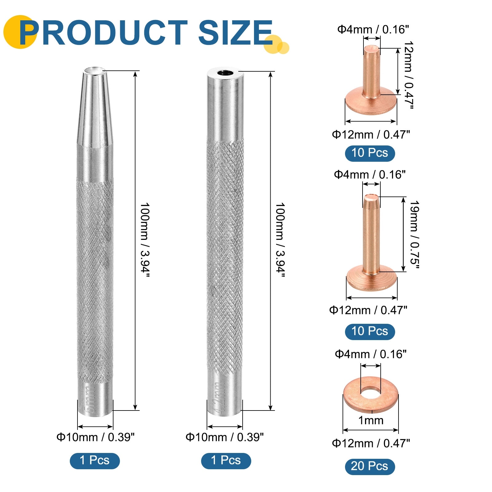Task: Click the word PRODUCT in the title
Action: [x=103, y=33]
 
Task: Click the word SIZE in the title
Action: [x=236, y=33]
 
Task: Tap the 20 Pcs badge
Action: [x=370, y=466]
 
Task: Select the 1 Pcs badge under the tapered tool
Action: [x=95, y=460]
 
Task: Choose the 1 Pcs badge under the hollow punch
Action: [x=226, y=460]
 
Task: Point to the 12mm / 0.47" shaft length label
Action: [x=408, y=75]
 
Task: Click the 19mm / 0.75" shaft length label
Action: [x=415, y=235]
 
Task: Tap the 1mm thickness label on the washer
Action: [x=371, y=420]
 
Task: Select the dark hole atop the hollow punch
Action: [x=225, y=73]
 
